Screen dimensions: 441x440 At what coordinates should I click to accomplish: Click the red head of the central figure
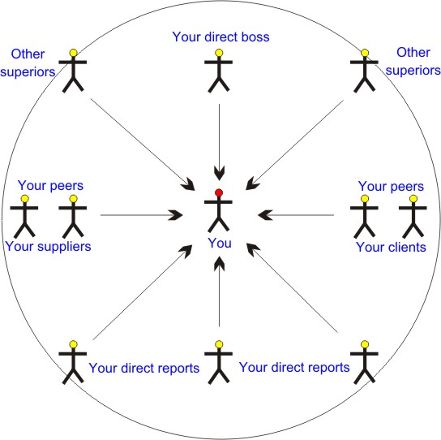click(219, 192)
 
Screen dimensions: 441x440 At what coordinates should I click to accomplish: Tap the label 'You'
click(220, 243)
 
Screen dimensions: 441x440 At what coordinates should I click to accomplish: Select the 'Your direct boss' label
click(220, 37)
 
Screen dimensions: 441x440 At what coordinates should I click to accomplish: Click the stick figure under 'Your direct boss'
click(219, 71)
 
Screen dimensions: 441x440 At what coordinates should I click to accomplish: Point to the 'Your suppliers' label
click(48, 247)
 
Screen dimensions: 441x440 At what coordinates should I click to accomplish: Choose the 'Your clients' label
click(391, 248)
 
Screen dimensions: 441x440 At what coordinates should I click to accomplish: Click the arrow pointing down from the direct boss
click(220, 142)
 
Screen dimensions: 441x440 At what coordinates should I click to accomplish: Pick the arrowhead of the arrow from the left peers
click(175, 215)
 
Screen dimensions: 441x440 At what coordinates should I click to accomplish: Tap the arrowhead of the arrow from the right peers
click(265, 215)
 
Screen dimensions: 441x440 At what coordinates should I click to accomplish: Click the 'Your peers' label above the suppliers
click(50, 186)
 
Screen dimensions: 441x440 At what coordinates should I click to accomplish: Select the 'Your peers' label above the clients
click(391, 187)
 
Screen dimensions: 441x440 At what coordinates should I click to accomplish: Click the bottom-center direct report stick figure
click(219, 362)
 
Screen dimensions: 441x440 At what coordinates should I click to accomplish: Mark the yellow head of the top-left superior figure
click(74, 53)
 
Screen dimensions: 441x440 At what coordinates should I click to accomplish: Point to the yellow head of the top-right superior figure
click(365, 53)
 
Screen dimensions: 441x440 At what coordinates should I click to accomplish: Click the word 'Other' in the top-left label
click(28, 54)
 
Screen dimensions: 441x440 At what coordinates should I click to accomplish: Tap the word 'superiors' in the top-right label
click(413, 71)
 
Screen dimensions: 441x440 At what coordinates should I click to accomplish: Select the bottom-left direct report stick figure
click(73, 362)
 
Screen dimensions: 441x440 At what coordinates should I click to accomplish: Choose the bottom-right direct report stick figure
click(364, 362)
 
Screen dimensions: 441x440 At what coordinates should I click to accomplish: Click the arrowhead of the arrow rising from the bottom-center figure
click(220, 264)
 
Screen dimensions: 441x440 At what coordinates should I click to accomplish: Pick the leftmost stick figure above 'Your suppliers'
click(24, 216)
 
